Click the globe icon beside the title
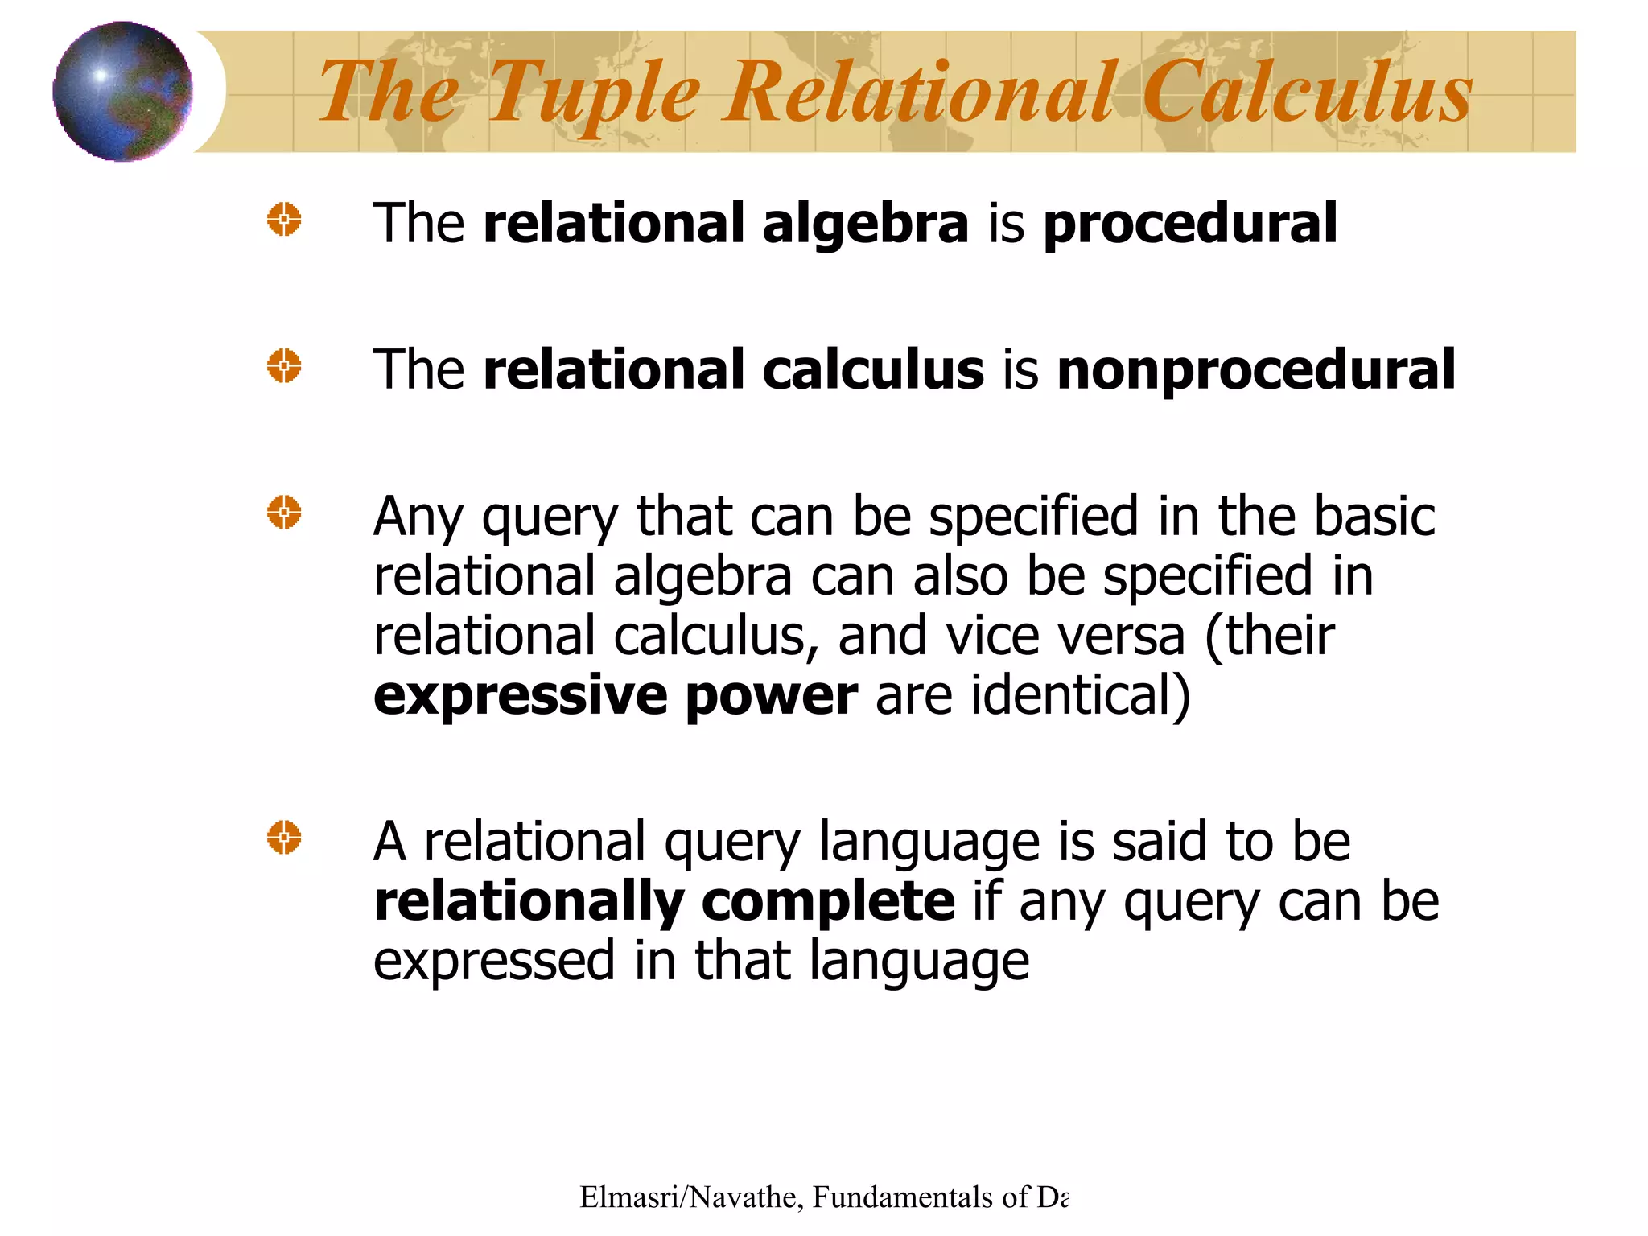pos(122,91)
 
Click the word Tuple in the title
pos(594,95)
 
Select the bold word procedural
pos(1190,225)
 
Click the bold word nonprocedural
pos(1256,370)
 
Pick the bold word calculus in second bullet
pos(873,370)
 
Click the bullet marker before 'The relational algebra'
pos(284,220)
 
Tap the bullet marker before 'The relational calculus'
pos(284,366)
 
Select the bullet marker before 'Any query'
pos(284,513)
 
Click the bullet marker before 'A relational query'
pos(284,838)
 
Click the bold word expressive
pos(521,696)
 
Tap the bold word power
pos(771,696)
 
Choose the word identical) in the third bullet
pos(1080,696)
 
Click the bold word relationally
pos(529,902)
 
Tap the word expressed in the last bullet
pos(494,962)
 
